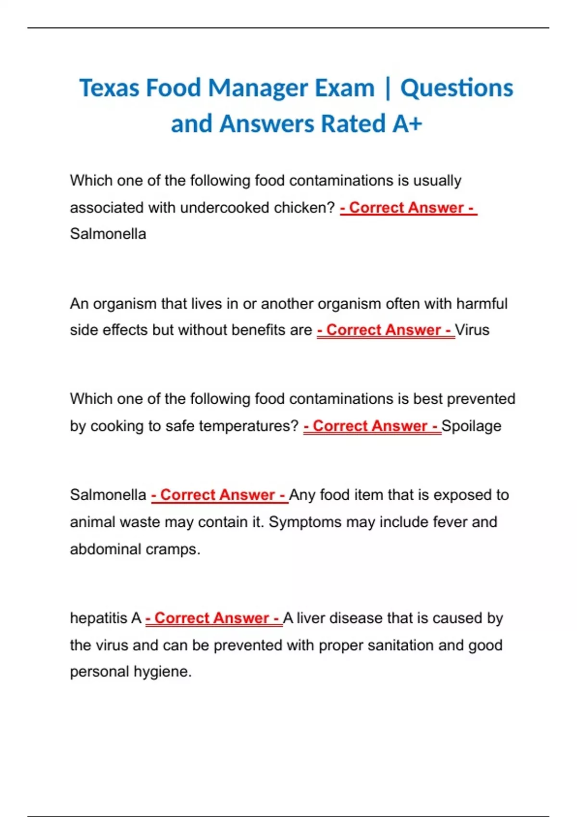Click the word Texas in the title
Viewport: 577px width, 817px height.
[x=110, y=88]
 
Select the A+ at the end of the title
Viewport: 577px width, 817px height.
[x=407, y=124]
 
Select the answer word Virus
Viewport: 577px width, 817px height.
[x=472, y=330]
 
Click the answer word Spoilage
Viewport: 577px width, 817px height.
[x=471, y=426]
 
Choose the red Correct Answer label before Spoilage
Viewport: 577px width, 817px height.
[x=372, y=426]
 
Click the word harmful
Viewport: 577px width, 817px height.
[x=482, y=304]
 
